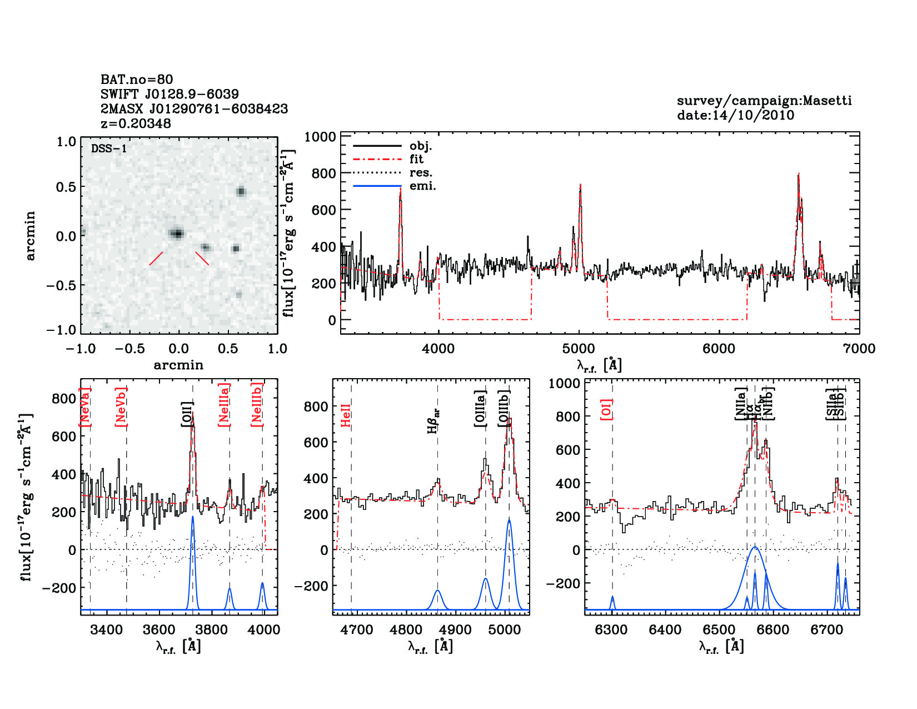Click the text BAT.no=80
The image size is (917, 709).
pyautogui.click(x=137, y=80)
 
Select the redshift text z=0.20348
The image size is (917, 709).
pyautogui.click(x=136, y=123)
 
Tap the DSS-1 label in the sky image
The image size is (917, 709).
pyautogui.click(x=108, y=148)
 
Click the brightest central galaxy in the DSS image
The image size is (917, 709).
pyautogui.click(x=177, y=234)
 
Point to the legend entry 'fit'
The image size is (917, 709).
pyautogui.click(x=416, y=159)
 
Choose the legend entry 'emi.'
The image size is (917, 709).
pyautogui.click(x=422, y=186)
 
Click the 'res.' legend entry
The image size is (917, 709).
pyautogui.click(x=421, y=172)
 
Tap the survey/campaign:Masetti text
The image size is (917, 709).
pyautogui.click(x=764, y=101)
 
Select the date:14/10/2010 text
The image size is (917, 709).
pyautogui.click(x=735, y=115)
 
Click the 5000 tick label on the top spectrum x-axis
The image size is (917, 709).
pyautogui.click(x=579, y=349)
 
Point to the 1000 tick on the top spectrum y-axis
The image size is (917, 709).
pyautogui.click(x=320, y=137)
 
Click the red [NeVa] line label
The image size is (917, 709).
pyautogui.click(x=85, y=407)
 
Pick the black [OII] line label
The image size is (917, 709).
pyautogui.click(x=187, y=414)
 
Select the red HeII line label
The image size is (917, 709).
pyautogui.click(x=346, y=415)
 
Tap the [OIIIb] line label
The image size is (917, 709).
pyautogui.click(x=505, y=408)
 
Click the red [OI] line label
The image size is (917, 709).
pyautogui.click(x=606, y=409)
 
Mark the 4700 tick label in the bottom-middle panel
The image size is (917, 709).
pyautogui.click(x=356, y=630)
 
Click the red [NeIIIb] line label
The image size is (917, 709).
pyautogui.click(x=257, y=404)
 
